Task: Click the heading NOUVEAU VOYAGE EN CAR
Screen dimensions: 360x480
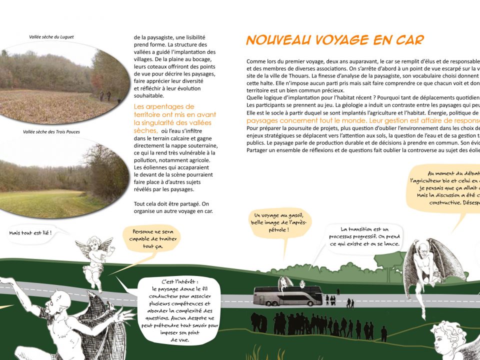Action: pos(335,40)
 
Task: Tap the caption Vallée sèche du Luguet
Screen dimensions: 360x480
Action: pos(51,36)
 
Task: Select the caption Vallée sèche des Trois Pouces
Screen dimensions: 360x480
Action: pos(51,132)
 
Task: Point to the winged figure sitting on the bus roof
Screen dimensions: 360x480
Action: pos(285,283)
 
